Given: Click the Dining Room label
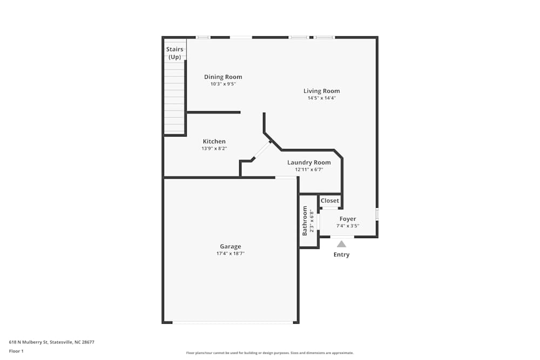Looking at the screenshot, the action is [223, 77].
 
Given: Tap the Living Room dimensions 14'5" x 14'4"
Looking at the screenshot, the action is [322, 98].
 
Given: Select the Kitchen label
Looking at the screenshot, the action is [214, 141].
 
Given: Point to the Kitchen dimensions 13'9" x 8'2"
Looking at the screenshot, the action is [214, 148].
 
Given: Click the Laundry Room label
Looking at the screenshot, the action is [309, 162].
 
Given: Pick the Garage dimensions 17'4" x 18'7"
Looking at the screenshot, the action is [231, 254].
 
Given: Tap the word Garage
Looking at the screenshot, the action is [231, 247].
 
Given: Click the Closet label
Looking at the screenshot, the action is [329, 201].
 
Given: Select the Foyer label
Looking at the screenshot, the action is [347, 219].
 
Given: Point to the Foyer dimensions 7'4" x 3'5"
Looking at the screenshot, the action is [347, 226].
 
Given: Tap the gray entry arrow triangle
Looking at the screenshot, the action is [341, 244].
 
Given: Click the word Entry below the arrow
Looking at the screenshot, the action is [341, 255].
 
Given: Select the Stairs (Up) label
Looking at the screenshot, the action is [174, 53].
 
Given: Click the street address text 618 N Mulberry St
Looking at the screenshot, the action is [29, 342].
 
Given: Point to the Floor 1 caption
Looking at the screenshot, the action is [16, 351].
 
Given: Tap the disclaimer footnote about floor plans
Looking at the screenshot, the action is [269, 353].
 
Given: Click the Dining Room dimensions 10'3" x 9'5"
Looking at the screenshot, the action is [223, 84].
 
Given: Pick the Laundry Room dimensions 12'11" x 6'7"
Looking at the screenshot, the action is [309, 169].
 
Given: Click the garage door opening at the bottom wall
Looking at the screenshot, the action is [233, 322].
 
